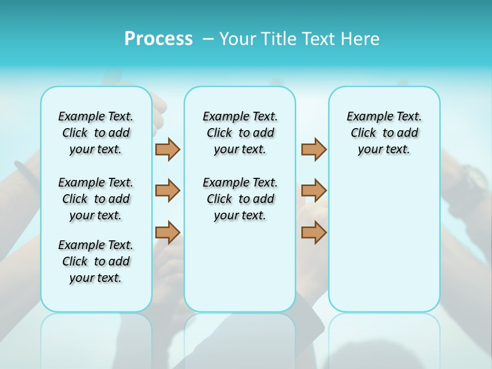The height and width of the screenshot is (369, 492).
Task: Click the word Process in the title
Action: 158,39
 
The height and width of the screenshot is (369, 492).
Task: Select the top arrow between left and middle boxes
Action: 168,150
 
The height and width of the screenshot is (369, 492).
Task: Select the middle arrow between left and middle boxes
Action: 168,191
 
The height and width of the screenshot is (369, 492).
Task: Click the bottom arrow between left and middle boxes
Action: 168,232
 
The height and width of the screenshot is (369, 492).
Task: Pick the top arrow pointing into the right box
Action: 314,150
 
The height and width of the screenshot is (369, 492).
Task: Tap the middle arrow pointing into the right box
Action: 314,191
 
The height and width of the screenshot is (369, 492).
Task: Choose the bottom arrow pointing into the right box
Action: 314,232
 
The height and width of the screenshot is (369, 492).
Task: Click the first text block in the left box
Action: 96,133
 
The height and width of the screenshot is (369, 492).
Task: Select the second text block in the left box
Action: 96,199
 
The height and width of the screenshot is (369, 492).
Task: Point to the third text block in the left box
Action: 96,261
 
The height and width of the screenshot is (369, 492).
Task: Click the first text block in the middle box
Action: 240,133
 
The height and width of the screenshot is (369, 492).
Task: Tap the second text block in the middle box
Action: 240,199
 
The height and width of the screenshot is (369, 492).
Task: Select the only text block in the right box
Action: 384,133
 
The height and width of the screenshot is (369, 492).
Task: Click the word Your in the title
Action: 238,39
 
